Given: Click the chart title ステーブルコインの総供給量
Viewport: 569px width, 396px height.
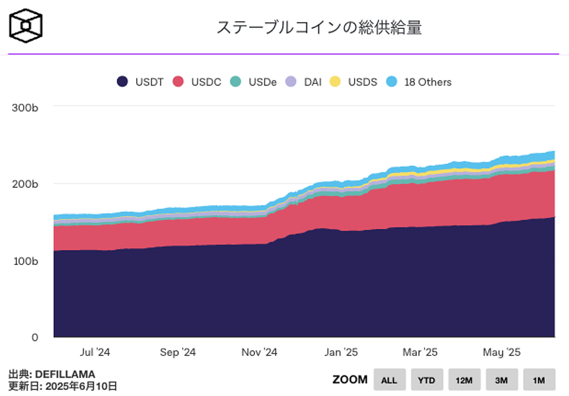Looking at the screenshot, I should (x=319, y=27).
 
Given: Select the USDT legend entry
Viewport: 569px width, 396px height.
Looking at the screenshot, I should (x=141, y=82).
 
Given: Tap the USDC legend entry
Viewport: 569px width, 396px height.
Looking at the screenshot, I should (x=197, y=82).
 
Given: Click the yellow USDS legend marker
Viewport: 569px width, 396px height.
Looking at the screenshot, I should (x=335, y=82).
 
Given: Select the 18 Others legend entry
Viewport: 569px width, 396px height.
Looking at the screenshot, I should (x=420, y=82).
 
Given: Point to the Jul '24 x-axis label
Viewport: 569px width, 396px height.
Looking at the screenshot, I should (x=95, y=352).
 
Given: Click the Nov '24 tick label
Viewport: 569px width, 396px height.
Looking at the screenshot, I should (x=259, y=352).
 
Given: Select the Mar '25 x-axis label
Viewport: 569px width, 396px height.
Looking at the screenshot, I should (x=420, y=352).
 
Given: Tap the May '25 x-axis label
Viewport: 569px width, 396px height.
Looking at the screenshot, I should (x=501, y=352).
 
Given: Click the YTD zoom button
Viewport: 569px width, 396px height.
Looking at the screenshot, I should (x=427, y=380).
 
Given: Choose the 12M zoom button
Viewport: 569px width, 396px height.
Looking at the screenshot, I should (x=464, y=380).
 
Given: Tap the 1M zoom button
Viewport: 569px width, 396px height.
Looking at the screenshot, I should (x=539, y=380).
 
